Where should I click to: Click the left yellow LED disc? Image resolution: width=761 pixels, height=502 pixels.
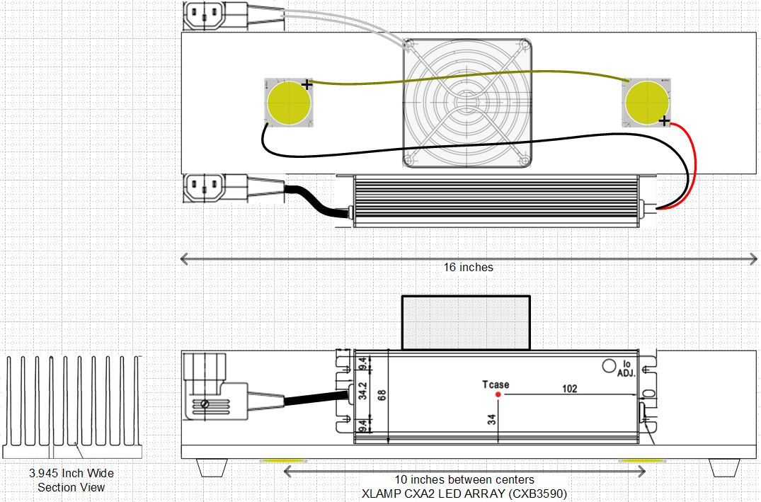(289, 103)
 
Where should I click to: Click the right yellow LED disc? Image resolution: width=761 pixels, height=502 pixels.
(647, 103)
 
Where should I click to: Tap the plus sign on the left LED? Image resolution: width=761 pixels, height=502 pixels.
(307, 85)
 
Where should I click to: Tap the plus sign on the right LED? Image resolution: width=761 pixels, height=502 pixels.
(664, 121)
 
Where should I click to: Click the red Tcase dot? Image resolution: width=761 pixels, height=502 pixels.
(498, 394)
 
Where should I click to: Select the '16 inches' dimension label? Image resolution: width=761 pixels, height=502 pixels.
(469, 267)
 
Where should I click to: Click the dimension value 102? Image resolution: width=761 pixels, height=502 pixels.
(570, 389)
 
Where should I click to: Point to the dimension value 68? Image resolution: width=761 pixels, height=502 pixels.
(382, 395)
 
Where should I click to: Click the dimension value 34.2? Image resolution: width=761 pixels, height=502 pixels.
(362, 390)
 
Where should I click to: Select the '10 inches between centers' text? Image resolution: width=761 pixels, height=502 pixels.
(464, 479)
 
